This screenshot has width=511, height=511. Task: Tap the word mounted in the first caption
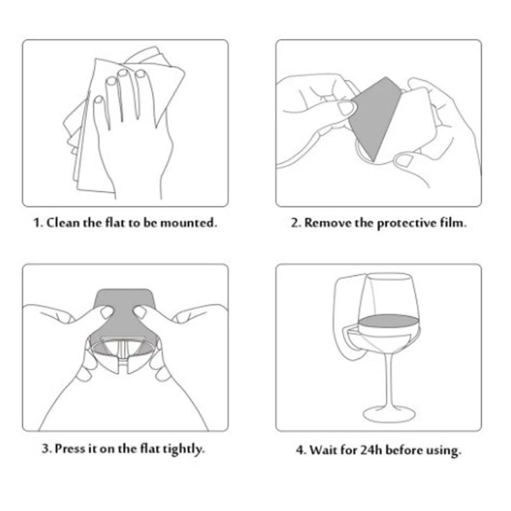pyautogui.click(x=189, y=223)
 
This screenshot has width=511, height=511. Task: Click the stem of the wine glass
pyautogui.click(x=389, y=380)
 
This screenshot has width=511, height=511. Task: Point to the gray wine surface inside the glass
pyautogui.click(x=388, y=321)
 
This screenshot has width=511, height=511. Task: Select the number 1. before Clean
pyautogui.click(x=38, y=223)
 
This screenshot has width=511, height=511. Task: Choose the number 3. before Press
pyautogui.click(x=47, y=449)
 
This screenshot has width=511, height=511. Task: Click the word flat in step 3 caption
pyautogui.click(x=150, y=449)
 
